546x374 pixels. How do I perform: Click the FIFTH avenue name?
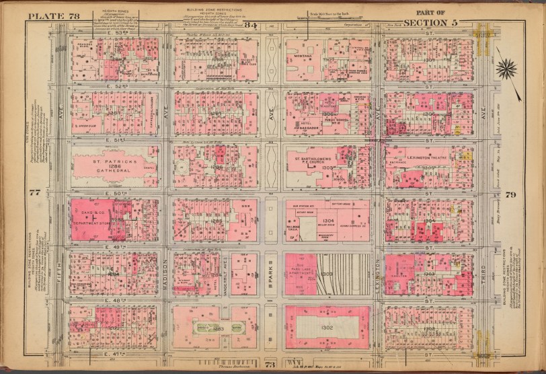(x=60, y=283)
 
